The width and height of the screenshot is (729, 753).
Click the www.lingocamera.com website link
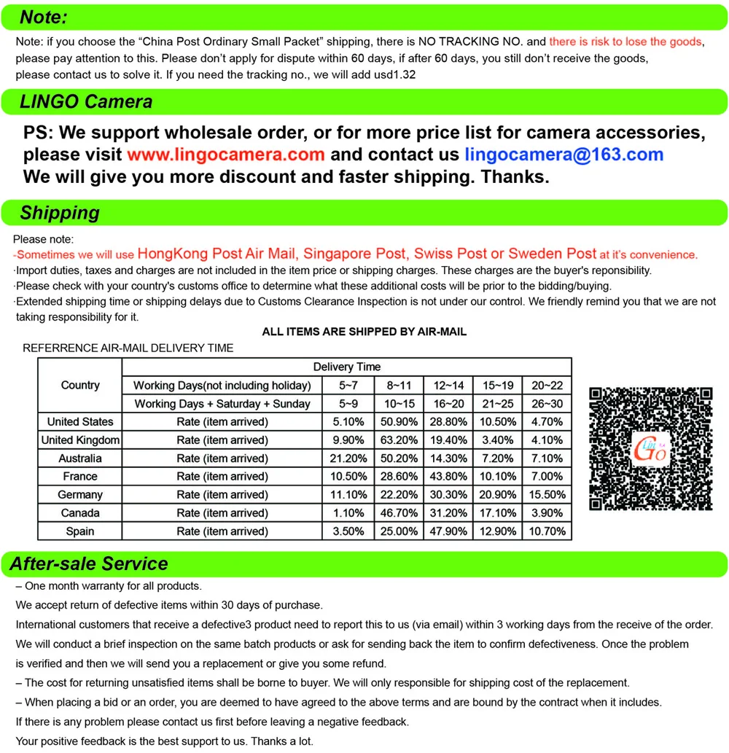tap(225, 155)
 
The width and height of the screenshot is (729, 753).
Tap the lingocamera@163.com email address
tap(564, 155)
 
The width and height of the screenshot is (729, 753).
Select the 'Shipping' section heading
tap(60, 213)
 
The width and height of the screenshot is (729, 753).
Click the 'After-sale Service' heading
tap(88, 563)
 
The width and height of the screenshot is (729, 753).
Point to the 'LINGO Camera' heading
tap(86, 102)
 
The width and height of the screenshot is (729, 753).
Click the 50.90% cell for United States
tap(397, 421)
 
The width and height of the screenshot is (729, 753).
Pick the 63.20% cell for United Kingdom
tap(397, 440)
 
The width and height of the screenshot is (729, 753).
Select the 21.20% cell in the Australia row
tap(348, 459)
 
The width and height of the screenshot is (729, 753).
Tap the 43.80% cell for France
tap(448, 477)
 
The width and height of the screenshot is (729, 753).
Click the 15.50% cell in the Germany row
tap(547, 495)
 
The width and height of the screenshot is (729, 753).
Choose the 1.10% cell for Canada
tap(348, 513)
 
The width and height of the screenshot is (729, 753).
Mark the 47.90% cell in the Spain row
tap(448, 531)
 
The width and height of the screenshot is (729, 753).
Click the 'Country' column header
tap(80, 386)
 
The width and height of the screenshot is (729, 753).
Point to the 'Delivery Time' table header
tap(347, 367)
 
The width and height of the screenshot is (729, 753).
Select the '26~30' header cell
tap(547, 404)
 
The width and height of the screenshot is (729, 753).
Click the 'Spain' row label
tap(80, 531)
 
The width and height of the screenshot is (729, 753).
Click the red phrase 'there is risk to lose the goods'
tap(625, 42)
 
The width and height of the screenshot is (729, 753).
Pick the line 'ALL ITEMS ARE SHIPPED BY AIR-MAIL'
tap(364, 332)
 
